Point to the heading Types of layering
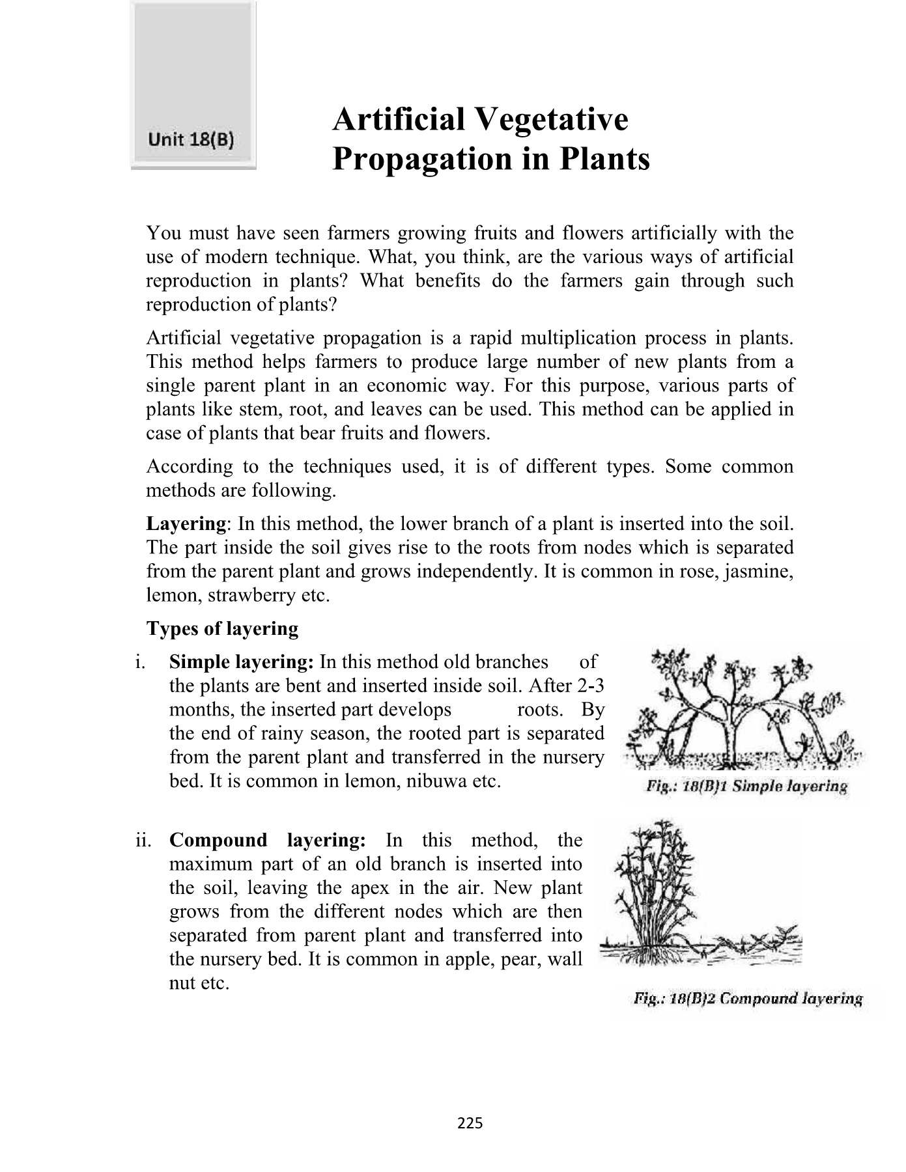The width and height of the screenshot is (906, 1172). pos(222,629)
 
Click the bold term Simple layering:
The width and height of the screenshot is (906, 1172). pos(242,662)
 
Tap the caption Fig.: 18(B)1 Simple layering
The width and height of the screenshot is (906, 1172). pos(746,787)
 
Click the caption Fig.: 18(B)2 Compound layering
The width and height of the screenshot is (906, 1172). pos(748,999)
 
